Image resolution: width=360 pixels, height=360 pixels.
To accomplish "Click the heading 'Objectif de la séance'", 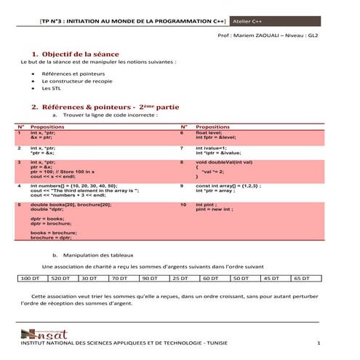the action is pyautogui.click(x=81, y=55).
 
